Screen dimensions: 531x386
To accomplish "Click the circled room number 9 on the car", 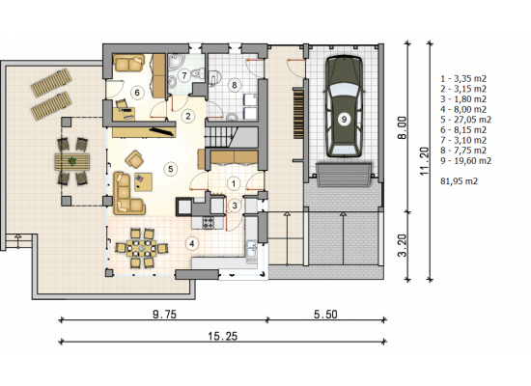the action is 344,120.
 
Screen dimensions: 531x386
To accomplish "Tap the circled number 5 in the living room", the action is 170,169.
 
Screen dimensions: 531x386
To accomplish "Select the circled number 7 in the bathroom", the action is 184,75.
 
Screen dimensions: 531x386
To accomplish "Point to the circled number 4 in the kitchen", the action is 192,243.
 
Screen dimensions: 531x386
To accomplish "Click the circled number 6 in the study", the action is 137,93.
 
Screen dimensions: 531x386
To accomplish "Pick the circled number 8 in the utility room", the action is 234,85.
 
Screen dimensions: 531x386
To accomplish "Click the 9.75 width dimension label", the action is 164,315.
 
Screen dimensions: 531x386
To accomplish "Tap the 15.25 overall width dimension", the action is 222,336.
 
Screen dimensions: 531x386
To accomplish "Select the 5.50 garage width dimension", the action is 325,315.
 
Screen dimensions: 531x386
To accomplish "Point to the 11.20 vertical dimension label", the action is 424,161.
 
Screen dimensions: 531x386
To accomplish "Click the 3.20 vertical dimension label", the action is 402,245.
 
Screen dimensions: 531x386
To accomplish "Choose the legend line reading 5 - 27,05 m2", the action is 465,120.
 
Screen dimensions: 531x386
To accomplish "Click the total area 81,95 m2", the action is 460,181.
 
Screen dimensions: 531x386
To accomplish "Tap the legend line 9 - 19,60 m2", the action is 465,160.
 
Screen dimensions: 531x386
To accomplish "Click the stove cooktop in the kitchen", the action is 208,223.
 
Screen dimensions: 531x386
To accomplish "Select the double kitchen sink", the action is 251,249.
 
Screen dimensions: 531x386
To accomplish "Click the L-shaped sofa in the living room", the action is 127,194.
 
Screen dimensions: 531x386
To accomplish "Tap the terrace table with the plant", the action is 72,161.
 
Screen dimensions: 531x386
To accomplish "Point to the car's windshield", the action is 344,90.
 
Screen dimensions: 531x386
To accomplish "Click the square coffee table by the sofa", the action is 143,181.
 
